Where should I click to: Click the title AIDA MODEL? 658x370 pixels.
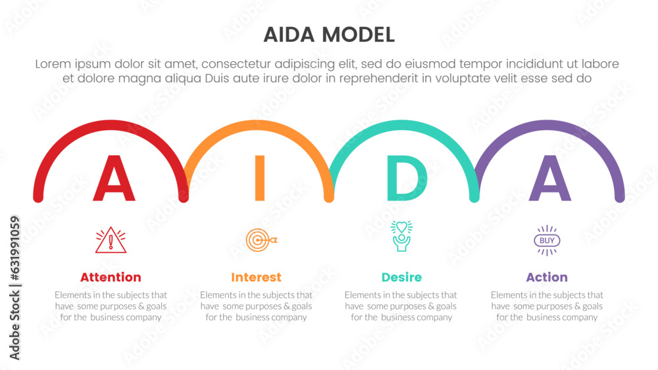[329, 34]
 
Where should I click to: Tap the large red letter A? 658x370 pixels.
[114, 179]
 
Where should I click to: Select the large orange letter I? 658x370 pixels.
[259, 178]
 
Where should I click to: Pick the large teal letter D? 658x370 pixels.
[403, 179]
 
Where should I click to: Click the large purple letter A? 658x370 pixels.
[550, 179]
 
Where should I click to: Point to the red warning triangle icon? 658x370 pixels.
[110, 240]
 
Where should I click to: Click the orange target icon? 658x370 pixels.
[259, 240]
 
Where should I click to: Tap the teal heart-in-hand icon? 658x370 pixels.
[401, 236]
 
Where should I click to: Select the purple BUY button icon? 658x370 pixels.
[547, 241]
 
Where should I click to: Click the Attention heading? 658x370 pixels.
[111, 277]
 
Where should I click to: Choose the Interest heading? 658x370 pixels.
[256, 277]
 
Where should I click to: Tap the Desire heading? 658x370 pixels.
[401, 277]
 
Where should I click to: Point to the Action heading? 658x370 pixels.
[547, 277]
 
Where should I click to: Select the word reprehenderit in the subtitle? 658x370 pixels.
[370, 78]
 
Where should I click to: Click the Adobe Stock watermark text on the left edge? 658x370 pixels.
[15, 288]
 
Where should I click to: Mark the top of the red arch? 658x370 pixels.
[111, 124]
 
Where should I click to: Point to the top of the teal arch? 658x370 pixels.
[404, 124]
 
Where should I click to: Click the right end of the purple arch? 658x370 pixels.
[620, 197]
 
